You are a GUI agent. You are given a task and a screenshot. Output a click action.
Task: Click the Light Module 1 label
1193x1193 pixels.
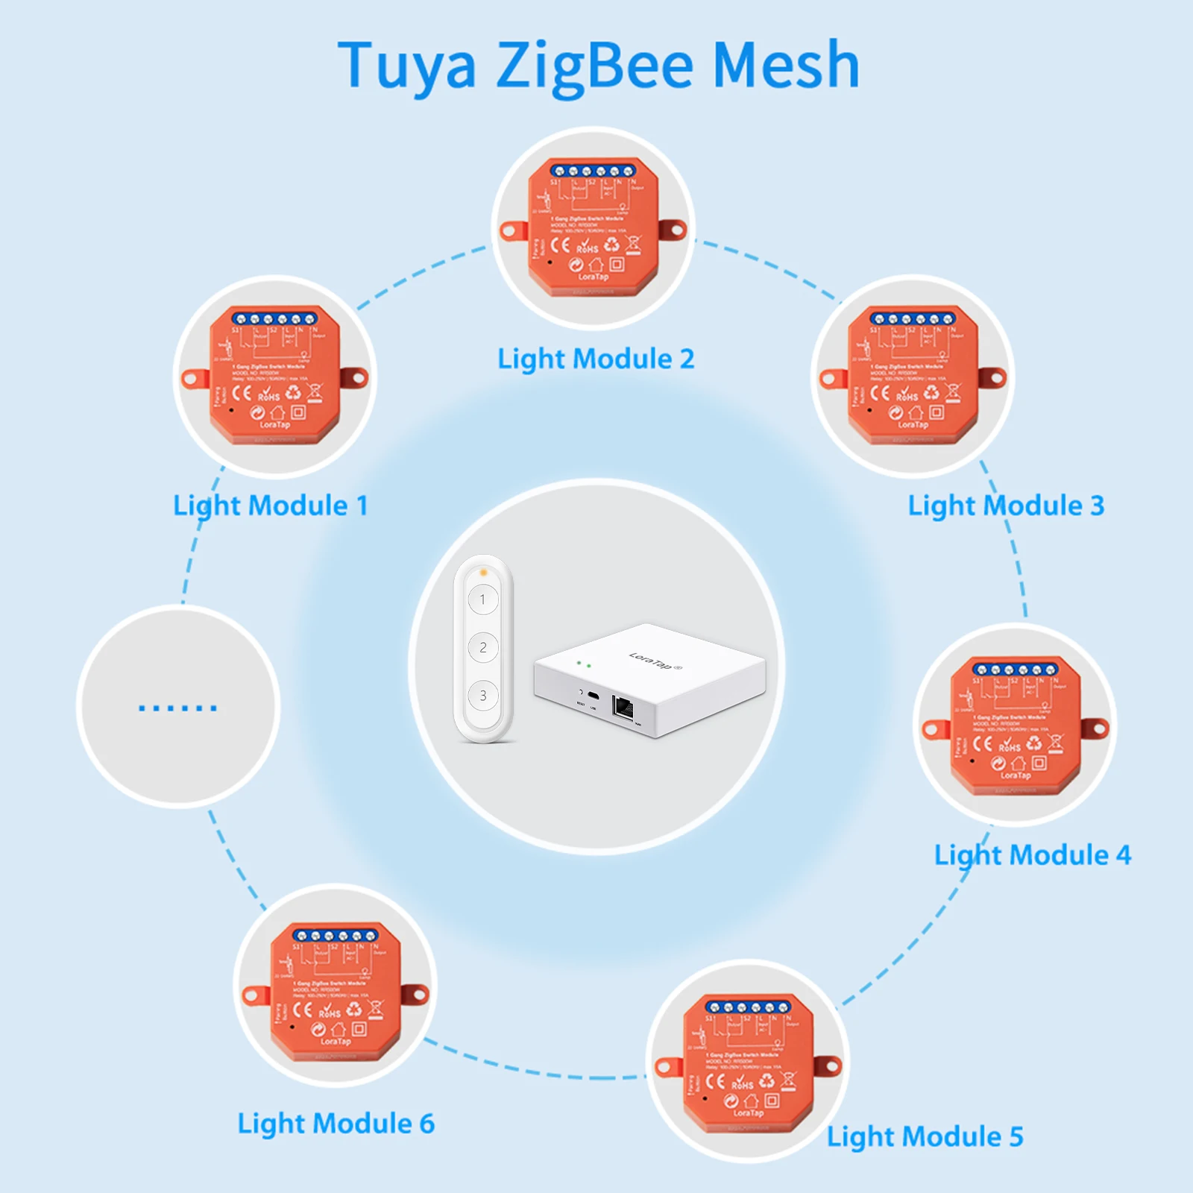270,506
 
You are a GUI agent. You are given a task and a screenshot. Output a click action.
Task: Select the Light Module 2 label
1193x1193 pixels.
596,359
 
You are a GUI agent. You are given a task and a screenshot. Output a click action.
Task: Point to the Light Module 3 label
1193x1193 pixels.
1005,506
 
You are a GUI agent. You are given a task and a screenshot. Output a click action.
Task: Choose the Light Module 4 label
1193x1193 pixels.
1032,855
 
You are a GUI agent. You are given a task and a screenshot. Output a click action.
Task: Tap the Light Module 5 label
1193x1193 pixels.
925,1137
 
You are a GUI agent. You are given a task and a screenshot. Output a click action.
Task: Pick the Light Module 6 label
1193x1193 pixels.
336,1124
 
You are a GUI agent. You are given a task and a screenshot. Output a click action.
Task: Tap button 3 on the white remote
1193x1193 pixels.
483,696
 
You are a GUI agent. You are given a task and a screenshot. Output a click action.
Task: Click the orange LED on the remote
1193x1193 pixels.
483,573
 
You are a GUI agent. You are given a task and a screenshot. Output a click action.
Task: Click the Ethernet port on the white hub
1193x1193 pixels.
623,707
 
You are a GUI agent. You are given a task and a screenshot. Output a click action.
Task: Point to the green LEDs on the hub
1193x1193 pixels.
584,664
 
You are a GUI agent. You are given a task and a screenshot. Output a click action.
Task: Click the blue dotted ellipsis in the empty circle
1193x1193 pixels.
177,708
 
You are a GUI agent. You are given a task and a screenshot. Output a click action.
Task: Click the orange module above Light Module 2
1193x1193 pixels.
594,227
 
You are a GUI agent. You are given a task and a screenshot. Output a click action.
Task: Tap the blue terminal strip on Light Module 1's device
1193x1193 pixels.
274,318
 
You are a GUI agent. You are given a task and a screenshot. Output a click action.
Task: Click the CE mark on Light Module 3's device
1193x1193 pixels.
880,392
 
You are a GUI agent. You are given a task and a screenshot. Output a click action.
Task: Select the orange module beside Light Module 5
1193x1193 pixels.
748,1062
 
